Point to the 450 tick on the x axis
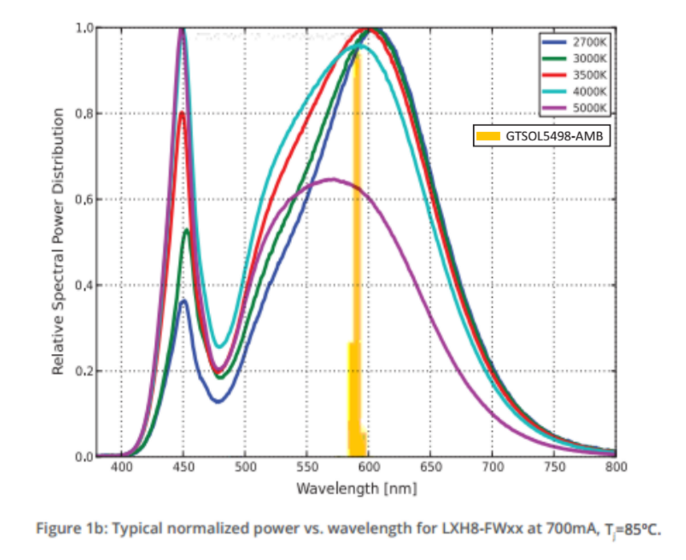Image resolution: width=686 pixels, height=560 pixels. tap(183, 467)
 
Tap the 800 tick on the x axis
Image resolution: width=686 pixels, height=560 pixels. tap(615, 467)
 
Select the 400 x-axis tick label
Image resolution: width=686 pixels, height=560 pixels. tap(121, 467)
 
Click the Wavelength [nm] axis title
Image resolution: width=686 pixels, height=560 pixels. tap(356, 487)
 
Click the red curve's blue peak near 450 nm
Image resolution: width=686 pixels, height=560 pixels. tap(182, 113)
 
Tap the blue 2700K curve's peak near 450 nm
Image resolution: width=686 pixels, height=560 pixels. tap(183, 301)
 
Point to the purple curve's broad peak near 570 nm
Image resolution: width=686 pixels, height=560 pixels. tap(332, 179)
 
